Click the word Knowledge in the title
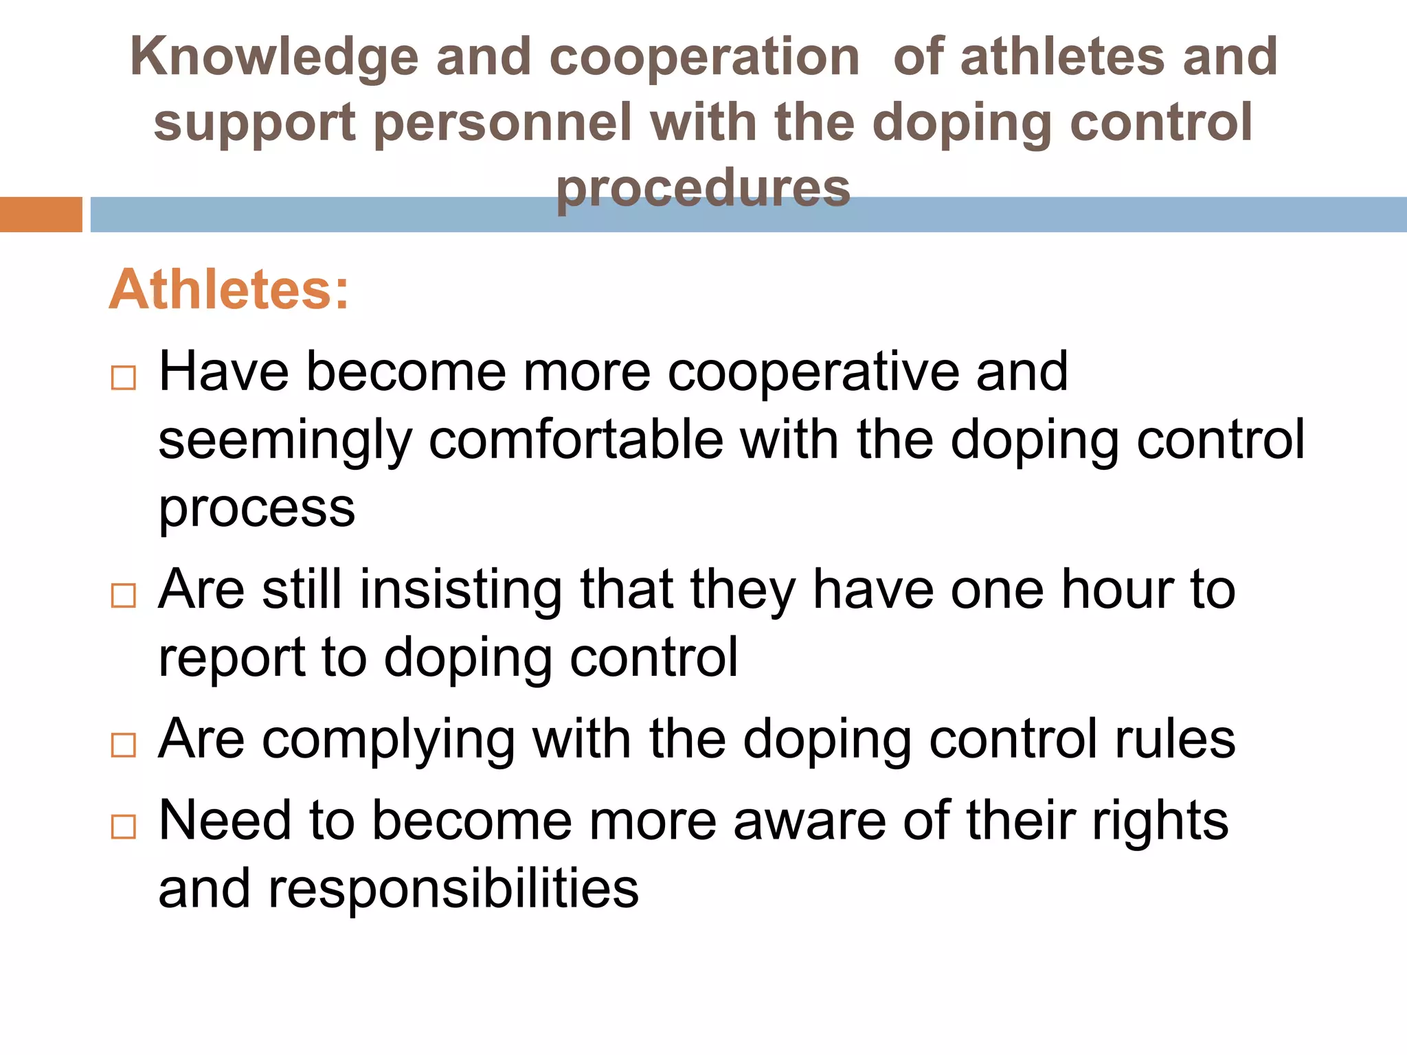[273, 58]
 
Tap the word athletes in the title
[1062, 56]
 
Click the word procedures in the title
[703, 188]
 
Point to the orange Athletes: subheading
[229, 290]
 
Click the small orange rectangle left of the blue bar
[41, 214]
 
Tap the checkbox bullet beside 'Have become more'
[124, 378]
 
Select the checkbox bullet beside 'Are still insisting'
[124, 595]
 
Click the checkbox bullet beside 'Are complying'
[124, 745]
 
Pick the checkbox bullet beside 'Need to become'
[124, 826]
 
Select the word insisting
[461, 590]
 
